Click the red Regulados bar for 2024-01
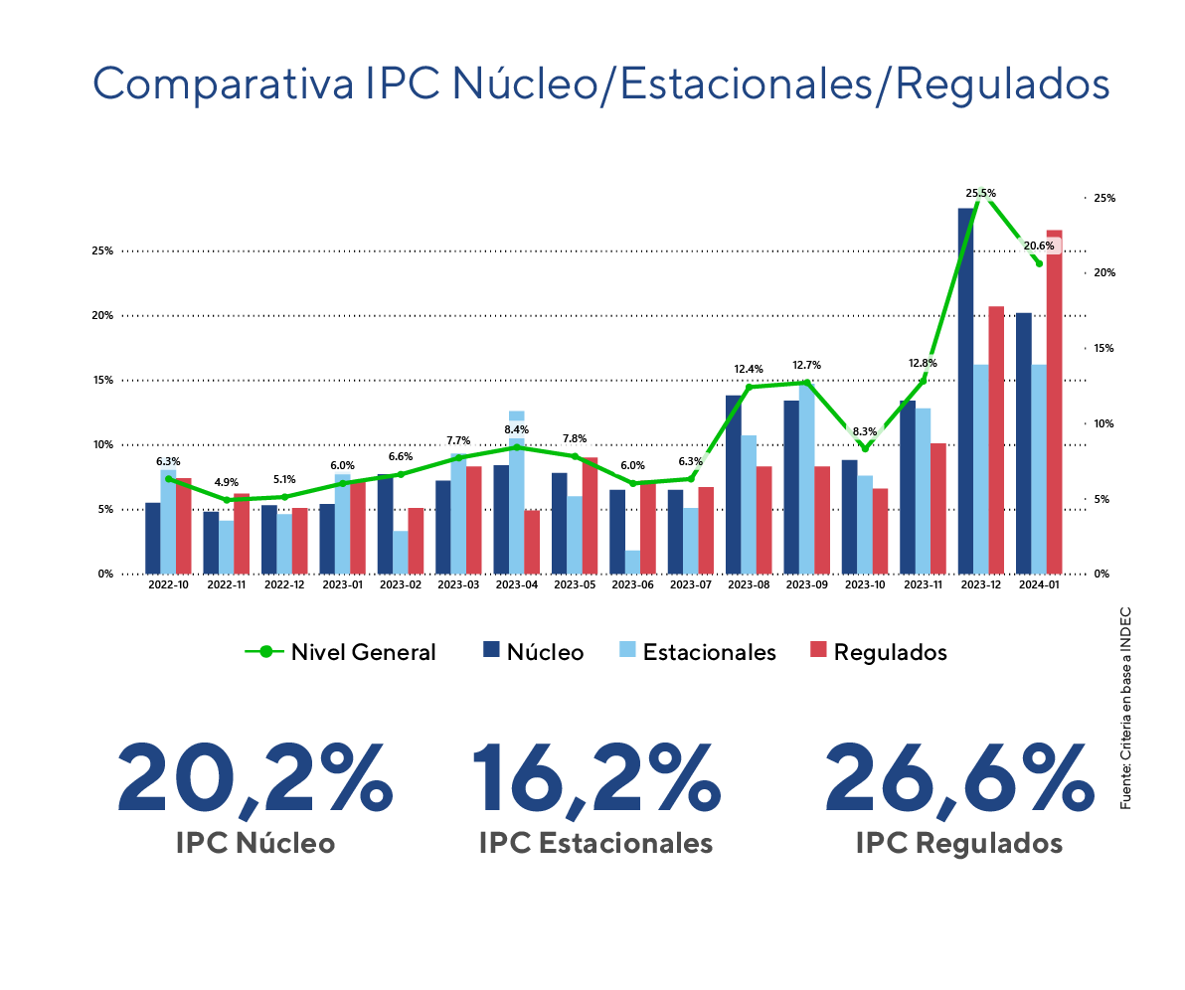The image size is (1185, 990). [x=1054, y=402]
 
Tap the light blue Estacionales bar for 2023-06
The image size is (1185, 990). [x=632, y=562]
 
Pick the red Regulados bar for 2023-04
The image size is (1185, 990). [x=532, y=542]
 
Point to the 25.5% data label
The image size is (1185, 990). [x=980, y=193]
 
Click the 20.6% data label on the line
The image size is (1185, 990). [x=1039, y=246]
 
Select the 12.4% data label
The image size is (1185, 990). [x=749, y=369]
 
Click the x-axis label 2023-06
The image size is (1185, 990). [x=632, y=585]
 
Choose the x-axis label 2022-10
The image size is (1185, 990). [x=168, y=585]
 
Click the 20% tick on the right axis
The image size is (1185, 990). [x=1103, y=272]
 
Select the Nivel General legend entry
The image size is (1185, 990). [x=341, y=652]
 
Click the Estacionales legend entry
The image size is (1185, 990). [x=697, y=652]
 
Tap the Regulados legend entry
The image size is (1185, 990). [x=877, y=652]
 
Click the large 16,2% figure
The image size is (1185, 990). [x=594, y=776]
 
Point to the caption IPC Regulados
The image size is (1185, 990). [x=958, y=843]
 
